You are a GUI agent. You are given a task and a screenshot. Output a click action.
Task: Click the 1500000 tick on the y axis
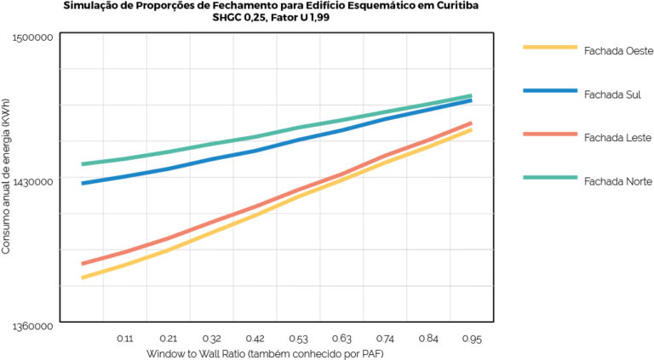(34, 37)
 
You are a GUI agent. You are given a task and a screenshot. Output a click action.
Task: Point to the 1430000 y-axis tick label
(34, 181)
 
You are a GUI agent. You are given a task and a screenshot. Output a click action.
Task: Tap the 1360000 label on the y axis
(34, 326)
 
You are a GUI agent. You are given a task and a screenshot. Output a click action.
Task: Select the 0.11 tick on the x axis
(124, 339)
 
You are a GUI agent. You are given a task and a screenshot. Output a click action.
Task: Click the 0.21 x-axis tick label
(168, 339)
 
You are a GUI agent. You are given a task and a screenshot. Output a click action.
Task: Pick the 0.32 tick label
(212, 339)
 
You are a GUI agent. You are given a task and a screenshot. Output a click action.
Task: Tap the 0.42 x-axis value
(255, 339)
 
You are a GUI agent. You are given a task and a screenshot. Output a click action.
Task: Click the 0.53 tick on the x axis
(299, 339)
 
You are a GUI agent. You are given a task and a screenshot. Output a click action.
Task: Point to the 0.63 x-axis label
(342, 339)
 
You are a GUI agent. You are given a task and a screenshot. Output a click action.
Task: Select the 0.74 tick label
(386, 339)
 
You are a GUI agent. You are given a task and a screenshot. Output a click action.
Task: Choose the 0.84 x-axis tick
(429, 339)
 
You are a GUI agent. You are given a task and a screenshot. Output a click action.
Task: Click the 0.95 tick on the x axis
(472, 339)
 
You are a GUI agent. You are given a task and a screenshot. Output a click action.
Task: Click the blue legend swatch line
(548, 89)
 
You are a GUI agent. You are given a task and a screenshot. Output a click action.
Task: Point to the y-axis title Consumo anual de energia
(7, 181)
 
